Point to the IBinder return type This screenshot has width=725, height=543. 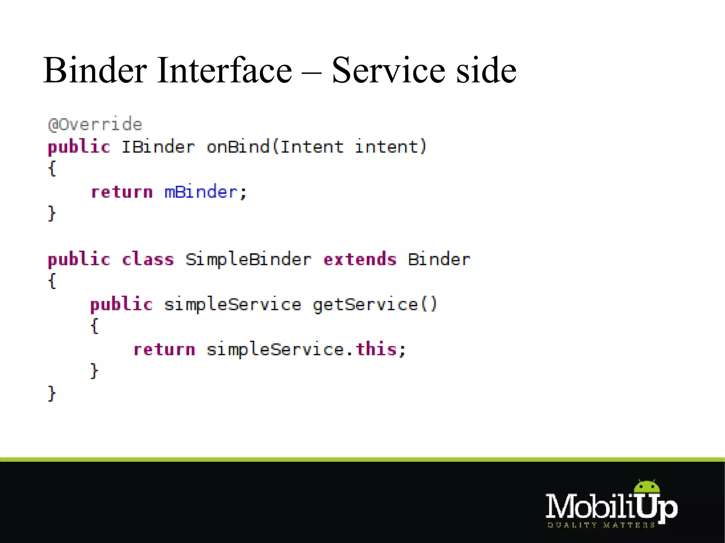tap(158, 147)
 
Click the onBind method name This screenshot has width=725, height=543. tap(238, 147)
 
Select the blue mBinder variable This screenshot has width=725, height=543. tap(201, 192)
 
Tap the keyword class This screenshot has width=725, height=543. tap(148, 259)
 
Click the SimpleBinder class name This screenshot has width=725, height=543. tap(248, 259)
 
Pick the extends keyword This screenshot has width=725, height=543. tap(360, 259)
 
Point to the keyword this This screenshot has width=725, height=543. tap(376, 349)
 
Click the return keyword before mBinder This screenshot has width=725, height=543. tap(122, 192)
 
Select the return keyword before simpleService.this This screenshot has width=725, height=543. tap(164, 349)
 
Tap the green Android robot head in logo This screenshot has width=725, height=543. tap(647, 487)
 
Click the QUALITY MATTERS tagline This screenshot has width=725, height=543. tap(601, 525)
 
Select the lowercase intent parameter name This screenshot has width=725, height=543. tap(387, 147)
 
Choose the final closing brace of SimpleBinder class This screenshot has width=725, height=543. tap(52, 393)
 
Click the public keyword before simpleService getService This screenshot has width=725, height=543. tap(121, 305)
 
